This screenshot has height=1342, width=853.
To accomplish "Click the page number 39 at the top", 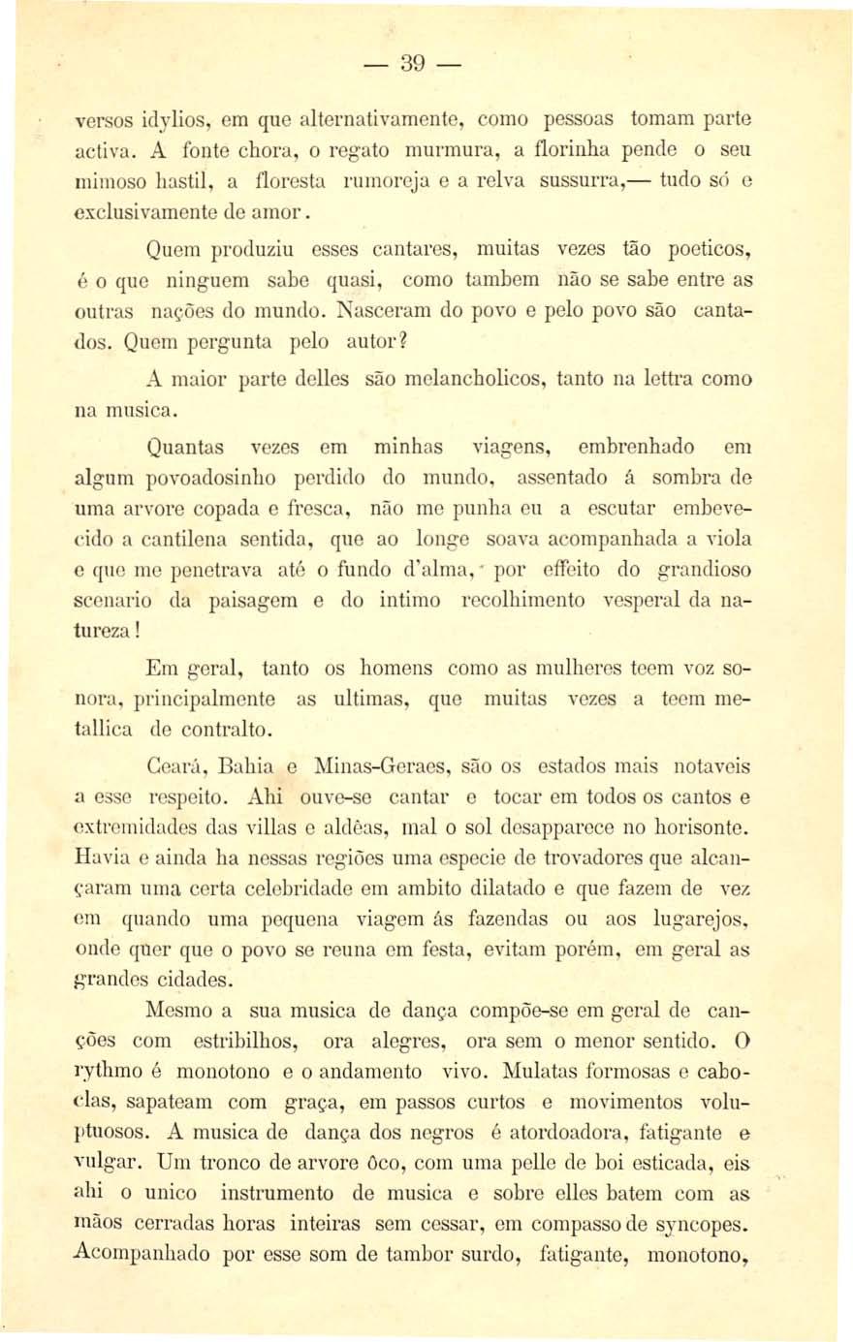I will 412,64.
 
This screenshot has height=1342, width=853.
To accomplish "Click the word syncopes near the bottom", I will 705,1226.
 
